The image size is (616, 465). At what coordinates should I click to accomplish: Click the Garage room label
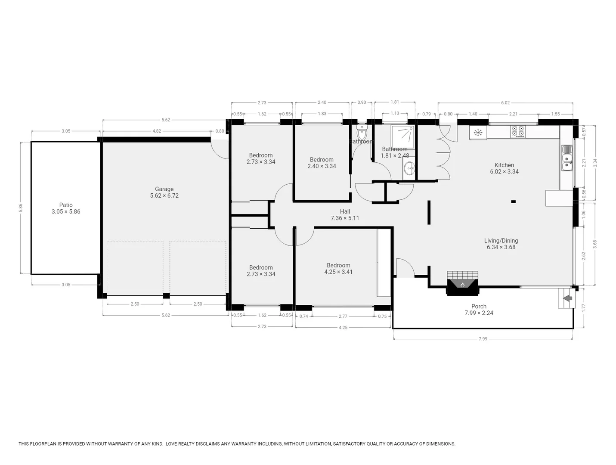[164, 192]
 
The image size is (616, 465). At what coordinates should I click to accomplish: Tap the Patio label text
[66, 208]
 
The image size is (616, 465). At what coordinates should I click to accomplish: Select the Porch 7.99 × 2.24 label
[479, 310]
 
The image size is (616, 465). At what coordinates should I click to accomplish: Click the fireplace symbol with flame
[462, 285]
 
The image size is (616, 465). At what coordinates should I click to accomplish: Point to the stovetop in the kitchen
[518, 131]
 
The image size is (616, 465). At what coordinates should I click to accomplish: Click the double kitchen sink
[567, 158]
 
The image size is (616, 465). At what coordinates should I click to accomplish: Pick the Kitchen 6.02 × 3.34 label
[504, 168]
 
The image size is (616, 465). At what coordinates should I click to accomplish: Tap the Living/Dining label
[501, 244]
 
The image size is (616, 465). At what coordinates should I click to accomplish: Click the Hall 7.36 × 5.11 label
[345, 214]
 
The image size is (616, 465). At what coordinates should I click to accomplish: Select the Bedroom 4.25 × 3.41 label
[338, 268]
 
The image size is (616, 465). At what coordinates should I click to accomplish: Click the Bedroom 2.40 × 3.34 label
[322, 163]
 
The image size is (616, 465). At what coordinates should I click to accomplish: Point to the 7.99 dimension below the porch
[483, 339]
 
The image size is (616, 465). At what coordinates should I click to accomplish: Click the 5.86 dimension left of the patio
[20, 208]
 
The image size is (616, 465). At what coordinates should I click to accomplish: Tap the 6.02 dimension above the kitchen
[505, 102]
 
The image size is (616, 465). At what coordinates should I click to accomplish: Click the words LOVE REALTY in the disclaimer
[180, 443]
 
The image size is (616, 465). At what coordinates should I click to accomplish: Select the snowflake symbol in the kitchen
[477, 133]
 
